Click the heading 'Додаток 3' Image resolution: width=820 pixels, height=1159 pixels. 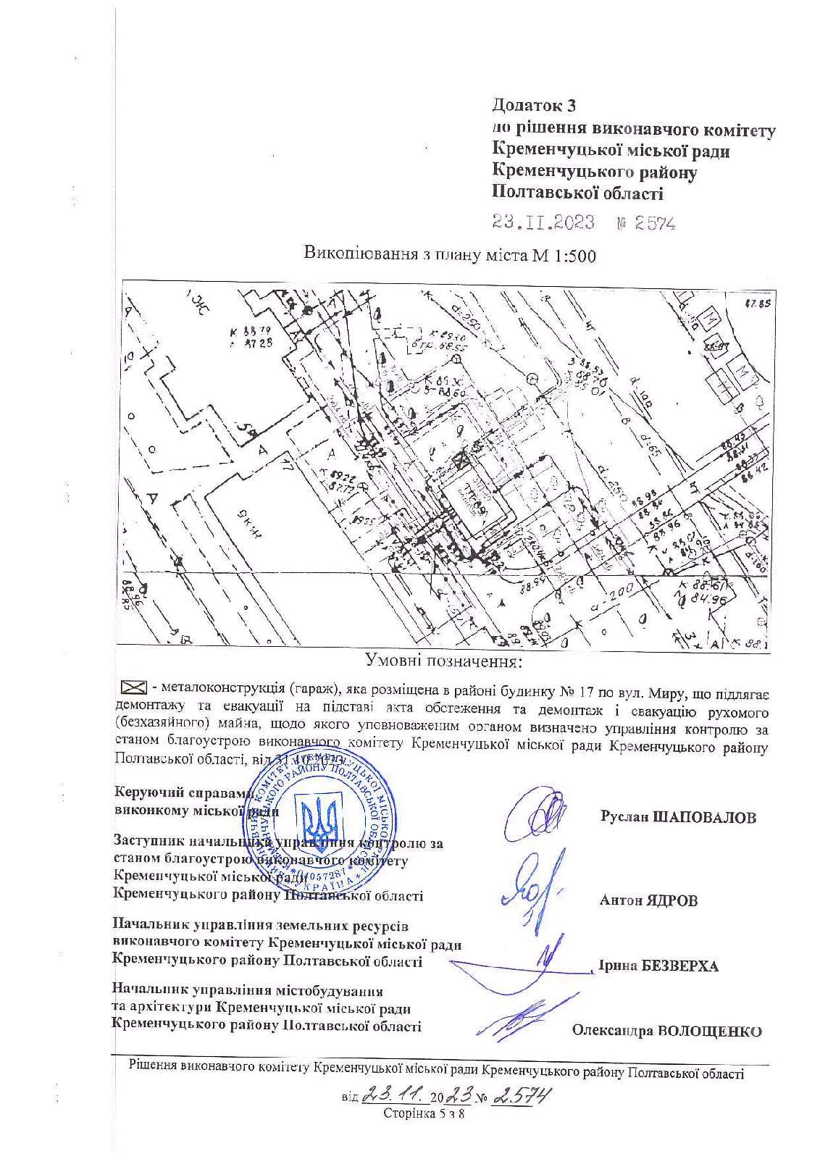click(x=534, y=105)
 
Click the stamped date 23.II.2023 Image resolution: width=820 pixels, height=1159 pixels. click(x=543, y=222)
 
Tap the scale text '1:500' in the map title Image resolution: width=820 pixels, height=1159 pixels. click(x=576, y=256)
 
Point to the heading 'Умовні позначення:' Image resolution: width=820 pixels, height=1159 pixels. click(x=443, y=661)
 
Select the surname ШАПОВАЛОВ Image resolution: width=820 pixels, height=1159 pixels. click(x=704, y=818)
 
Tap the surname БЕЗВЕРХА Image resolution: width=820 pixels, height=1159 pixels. click(x=680, y=966)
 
